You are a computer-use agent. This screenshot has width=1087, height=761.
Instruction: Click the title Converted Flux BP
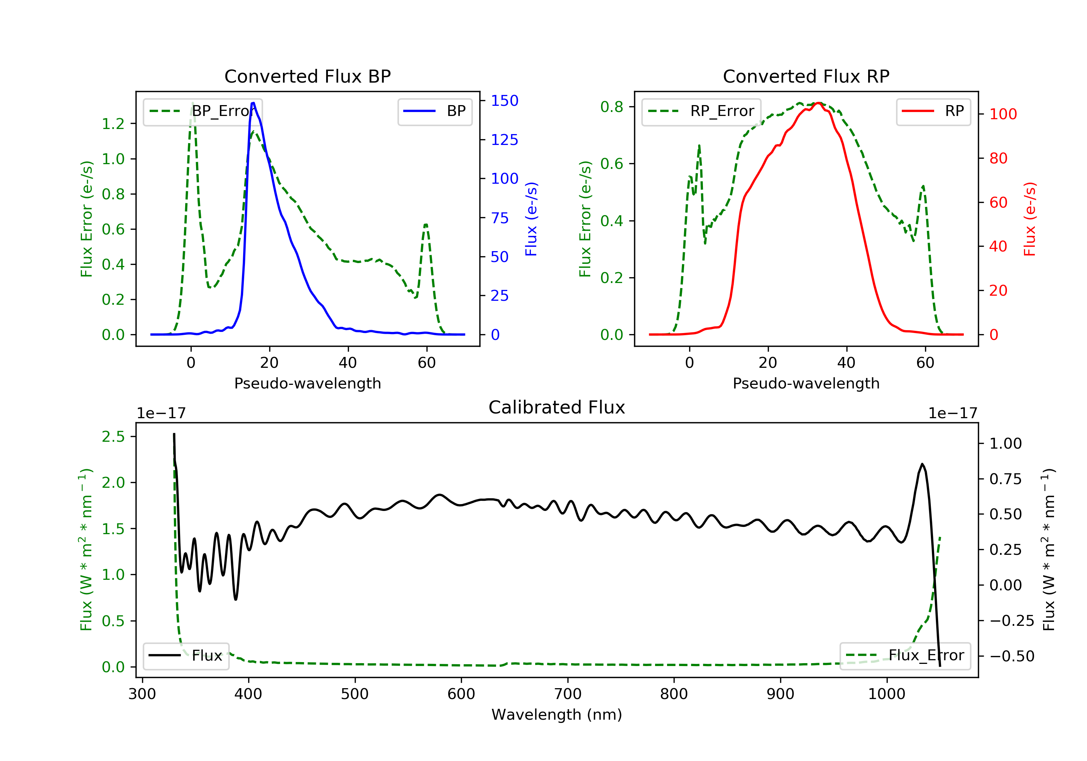[308, 76]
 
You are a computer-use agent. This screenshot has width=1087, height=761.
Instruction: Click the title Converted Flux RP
[806, 76]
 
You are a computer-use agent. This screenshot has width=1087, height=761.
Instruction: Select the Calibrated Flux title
[557, 407]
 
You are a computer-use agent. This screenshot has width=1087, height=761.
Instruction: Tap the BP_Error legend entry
[203, 111]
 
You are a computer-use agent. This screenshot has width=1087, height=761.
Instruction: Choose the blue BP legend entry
[434, 111]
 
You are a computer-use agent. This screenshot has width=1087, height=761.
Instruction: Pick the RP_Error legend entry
[701, 111]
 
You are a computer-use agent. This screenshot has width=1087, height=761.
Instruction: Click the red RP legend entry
[933, 111]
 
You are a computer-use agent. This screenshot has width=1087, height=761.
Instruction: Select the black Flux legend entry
[186, 656]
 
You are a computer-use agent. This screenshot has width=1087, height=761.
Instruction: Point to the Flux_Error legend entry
[905, 656]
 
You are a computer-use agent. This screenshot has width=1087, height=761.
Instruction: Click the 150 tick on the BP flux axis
[505, 100]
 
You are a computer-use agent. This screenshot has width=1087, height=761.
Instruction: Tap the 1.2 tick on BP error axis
[113, 124]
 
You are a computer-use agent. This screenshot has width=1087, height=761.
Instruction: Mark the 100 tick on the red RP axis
[1003, 114]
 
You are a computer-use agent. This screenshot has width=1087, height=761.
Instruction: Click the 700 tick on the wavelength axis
[568, 694]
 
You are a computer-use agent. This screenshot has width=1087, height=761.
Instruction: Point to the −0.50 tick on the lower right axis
[1012, 656]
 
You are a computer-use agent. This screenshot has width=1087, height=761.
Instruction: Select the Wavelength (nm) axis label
[557, 714]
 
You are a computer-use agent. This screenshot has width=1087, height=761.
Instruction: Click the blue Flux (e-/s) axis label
[531, 219]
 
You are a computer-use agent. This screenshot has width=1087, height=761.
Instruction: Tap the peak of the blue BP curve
[253, 103]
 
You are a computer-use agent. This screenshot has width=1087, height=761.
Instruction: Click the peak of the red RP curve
[819, 103]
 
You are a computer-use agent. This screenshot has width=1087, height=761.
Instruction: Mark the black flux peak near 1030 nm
[922, 464]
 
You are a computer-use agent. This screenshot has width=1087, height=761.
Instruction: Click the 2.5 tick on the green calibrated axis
[113, 437]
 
